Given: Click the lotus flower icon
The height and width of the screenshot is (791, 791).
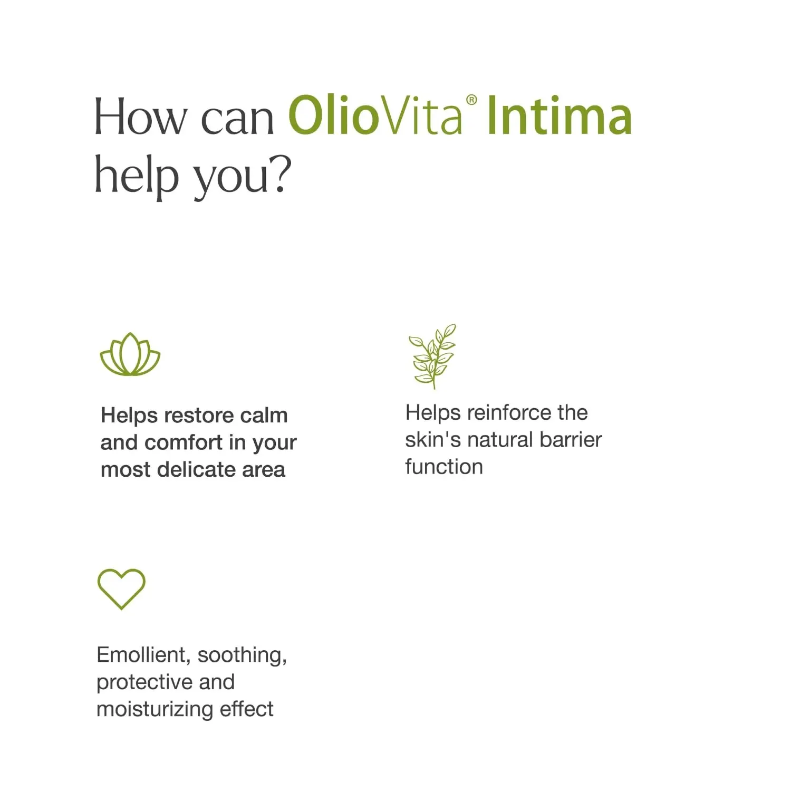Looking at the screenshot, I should pos(130,354).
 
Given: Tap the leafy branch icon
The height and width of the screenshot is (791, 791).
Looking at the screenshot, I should pos(433,356).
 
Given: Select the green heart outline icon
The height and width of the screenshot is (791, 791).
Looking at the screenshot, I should pos(121,589).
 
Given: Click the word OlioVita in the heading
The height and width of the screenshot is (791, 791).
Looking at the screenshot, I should pos(375,116).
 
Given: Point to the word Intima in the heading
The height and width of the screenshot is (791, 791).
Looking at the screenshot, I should pos(559,116).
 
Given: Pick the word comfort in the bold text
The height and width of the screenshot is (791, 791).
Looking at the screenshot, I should pos(184,442).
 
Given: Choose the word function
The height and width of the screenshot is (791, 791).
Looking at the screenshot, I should pos(444,467).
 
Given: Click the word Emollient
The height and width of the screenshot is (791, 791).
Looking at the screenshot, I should pos(141,655).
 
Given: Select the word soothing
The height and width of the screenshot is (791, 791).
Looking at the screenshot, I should pos(242,655).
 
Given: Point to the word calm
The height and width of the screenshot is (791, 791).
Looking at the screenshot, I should pos(264,416).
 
